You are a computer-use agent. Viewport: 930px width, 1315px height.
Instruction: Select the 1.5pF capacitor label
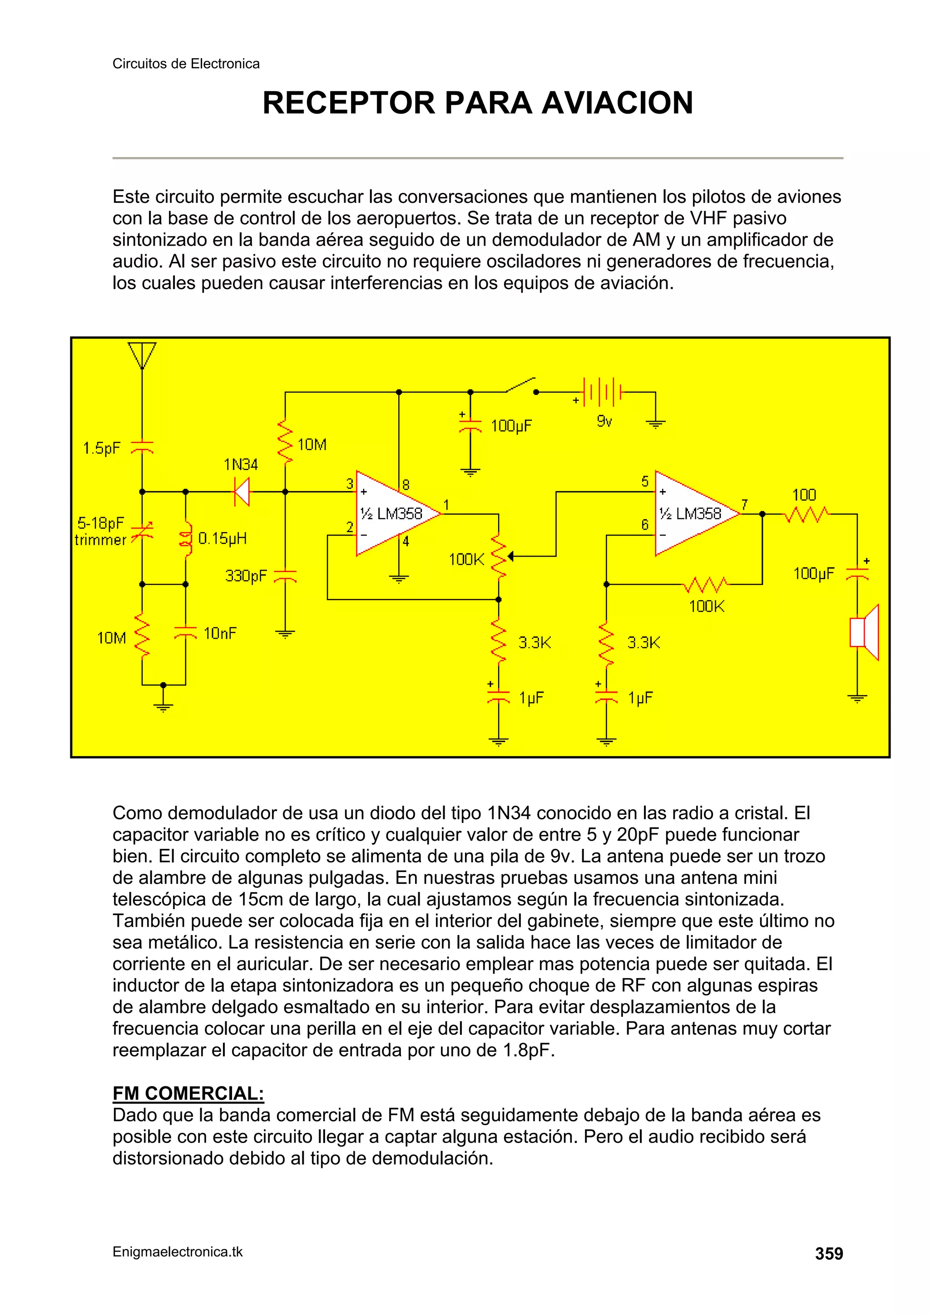tap(101, 448)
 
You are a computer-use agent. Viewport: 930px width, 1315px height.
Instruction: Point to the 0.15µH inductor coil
tap(186, 539)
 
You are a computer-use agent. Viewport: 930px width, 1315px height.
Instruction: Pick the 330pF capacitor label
tap(246, 576)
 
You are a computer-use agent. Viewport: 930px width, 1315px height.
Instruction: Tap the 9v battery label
tap(604, 422)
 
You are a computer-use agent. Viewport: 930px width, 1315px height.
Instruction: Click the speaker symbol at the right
tap(864, 632)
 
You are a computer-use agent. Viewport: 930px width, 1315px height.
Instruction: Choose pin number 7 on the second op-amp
tap(744, 505)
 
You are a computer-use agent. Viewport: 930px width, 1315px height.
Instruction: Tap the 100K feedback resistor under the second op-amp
tap(705, 585)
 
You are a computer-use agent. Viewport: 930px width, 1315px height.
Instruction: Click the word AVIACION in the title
tap(617, 103)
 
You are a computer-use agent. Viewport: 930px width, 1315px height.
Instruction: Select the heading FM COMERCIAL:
tap(188, 1093)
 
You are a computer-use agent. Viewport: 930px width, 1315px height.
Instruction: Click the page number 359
tap(829, 1254)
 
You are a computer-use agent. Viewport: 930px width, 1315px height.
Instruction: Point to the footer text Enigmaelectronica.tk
tap(178, 1252)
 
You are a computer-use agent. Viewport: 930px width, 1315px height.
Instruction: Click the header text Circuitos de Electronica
tap(186, 64)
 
